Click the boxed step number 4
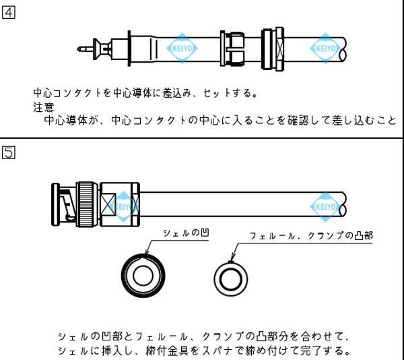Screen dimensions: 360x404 (8, 13)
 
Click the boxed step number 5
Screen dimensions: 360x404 (8, 152)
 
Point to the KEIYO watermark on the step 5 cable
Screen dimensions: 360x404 (327, 205)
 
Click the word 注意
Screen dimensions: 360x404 (43, 107)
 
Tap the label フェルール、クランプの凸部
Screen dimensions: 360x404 (311, 236)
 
